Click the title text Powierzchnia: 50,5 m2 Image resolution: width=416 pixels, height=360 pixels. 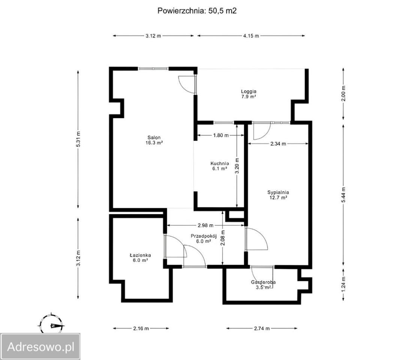click(x=197, y=10)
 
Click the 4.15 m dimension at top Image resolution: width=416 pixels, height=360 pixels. click(x=251, y=36)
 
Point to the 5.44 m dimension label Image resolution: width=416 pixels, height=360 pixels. click(x=343, y=195)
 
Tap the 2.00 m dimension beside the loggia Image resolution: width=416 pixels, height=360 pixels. click(x=343, y=94)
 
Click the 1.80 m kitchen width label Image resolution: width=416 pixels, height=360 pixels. click(x=221, y=135)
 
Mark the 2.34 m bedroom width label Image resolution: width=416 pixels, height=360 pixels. click(x=278, y=144)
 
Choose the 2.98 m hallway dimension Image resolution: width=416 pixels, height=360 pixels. click(x=206, y=225)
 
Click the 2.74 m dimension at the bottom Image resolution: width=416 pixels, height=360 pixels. click(x=262, y=328)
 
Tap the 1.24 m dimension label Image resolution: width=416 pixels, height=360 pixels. click(x=343, y=284)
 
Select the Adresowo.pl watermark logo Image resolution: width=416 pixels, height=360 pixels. click(x=40, y=347)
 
